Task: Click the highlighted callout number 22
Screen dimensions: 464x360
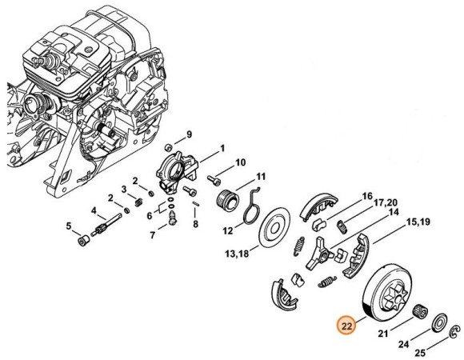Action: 347,326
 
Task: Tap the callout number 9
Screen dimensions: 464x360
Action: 189,134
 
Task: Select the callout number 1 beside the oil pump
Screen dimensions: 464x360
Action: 222,148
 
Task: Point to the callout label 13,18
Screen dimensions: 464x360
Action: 237,254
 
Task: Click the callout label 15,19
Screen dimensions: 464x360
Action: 418,222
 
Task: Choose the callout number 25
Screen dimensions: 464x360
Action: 420,352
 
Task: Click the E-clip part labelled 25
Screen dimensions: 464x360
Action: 455,332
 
